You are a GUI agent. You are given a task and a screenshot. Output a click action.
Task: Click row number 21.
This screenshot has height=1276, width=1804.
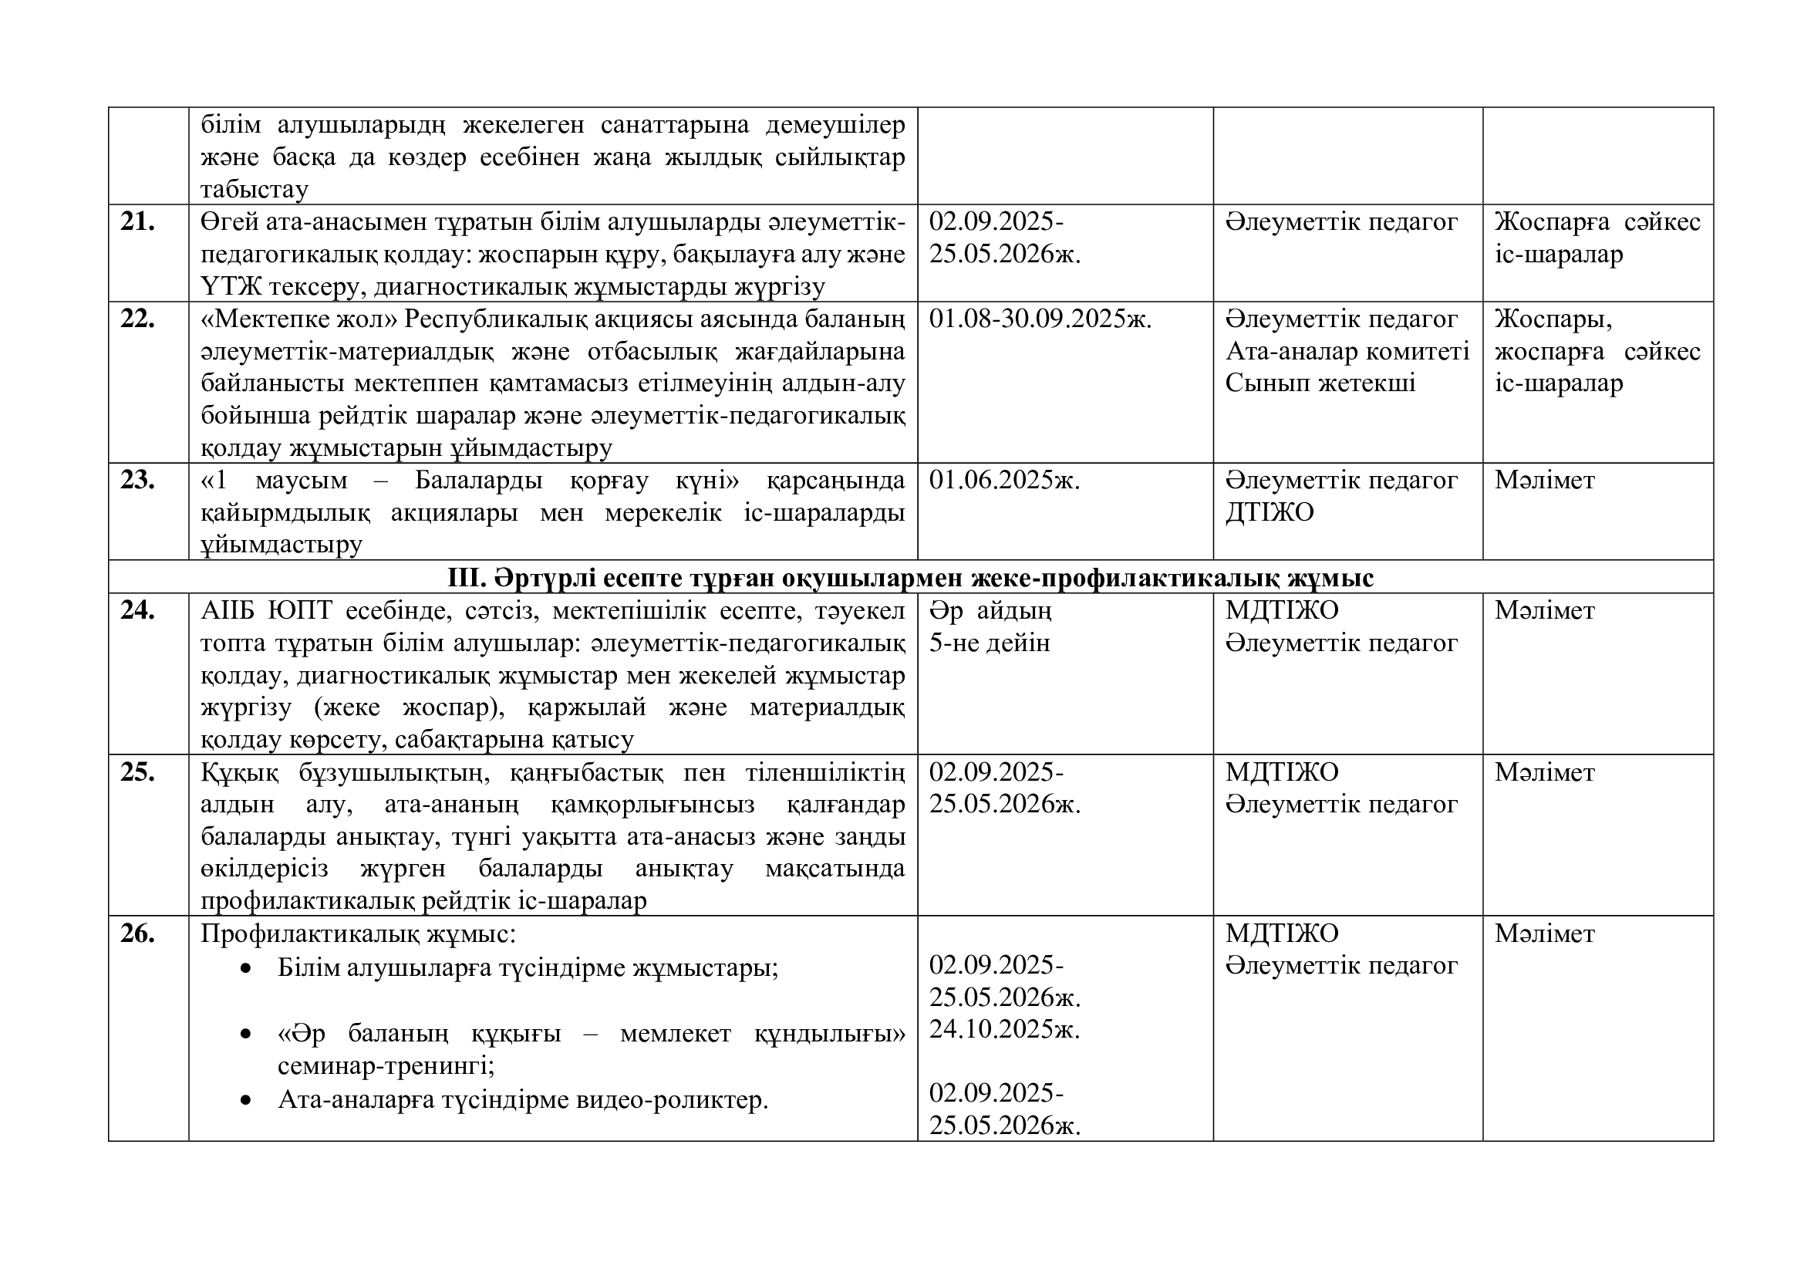click(137, 222)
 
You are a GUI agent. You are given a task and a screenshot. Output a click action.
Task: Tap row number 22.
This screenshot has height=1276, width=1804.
click(137, 319)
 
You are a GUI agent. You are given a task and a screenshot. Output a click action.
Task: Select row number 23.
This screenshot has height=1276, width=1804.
click(137, 480)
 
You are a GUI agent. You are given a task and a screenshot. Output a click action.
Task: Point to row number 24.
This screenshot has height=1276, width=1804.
click(137, 610)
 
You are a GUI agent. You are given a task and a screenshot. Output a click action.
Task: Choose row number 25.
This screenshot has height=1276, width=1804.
click(137, 772)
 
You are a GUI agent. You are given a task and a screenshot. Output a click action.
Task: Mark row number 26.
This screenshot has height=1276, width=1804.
click(137, 933)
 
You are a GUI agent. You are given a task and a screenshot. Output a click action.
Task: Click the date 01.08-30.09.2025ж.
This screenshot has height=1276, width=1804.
click(1040, 319)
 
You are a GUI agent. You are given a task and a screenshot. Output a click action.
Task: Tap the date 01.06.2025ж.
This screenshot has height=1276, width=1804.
click(1005, 480)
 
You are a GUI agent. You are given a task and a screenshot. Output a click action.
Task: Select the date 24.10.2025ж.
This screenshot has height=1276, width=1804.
click(1005, 1029)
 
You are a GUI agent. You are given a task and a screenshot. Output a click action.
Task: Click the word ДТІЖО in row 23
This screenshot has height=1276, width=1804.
click(1270, 512)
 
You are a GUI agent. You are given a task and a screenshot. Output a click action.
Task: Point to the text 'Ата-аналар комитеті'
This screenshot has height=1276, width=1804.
click(1347, 351)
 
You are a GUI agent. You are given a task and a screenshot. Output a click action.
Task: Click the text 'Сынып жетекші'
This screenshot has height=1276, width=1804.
click(1320, 383)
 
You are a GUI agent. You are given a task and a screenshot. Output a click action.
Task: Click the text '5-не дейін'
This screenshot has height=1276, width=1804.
click(990, 643)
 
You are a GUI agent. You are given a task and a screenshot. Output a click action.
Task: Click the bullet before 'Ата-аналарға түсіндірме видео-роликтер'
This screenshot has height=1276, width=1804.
click(247, 1101)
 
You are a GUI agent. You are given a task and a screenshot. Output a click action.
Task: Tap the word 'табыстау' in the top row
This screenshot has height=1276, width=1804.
click(254, 189)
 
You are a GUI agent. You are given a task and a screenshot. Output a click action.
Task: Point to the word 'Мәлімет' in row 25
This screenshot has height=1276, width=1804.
click(1545, 772)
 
